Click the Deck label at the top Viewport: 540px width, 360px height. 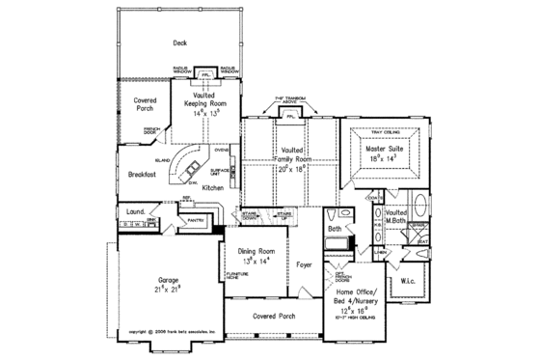tap(179, 42)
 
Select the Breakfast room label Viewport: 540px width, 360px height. tap(142, 175)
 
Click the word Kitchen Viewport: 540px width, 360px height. tap(212, 185)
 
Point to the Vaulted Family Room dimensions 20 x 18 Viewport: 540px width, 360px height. tap(291, 166)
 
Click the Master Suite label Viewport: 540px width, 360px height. tap(382, 150)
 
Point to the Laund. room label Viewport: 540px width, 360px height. tap(136, 209)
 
